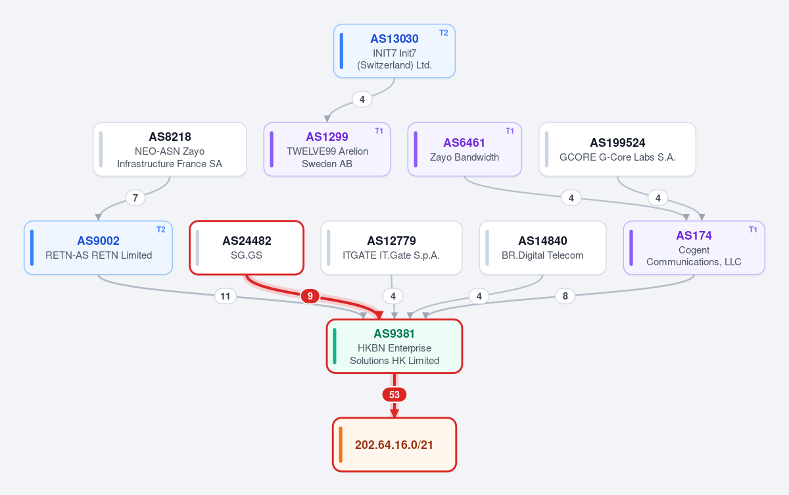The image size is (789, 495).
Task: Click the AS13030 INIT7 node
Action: [394, 51]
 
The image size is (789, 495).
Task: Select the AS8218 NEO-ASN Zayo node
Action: [170, 149]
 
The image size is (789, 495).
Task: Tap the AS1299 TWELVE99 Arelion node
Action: [327, 149]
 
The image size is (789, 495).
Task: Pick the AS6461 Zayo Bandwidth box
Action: [464, 149]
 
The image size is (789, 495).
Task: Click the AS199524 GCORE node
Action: [617, 149]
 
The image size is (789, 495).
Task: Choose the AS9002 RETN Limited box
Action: [98, 247]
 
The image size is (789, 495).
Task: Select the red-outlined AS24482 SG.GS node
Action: [247, 247]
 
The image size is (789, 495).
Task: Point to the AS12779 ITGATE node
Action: [391, 247]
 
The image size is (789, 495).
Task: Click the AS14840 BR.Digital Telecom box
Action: [543, 247]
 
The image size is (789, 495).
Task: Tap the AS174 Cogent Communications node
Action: [694, 247]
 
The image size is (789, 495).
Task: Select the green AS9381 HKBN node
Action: [394, 346]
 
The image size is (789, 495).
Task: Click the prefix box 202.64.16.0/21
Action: [394, 444]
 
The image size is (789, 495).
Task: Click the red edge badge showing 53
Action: [394, 394]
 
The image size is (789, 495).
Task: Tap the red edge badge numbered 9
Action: [310, 296]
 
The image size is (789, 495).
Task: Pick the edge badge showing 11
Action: [226, 296]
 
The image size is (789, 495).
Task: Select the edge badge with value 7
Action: [135, 197]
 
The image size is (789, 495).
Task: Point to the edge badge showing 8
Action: [565, 296]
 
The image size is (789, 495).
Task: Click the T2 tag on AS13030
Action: [443, 33]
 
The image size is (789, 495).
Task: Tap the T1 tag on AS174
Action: [753, 230]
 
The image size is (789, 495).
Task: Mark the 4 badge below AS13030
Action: [362, 99]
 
